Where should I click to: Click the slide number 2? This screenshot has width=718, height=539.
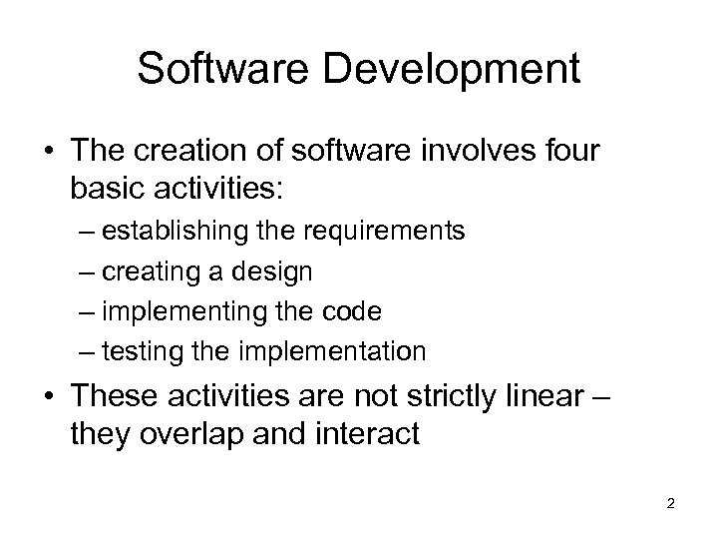click(x=670, y=504)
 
